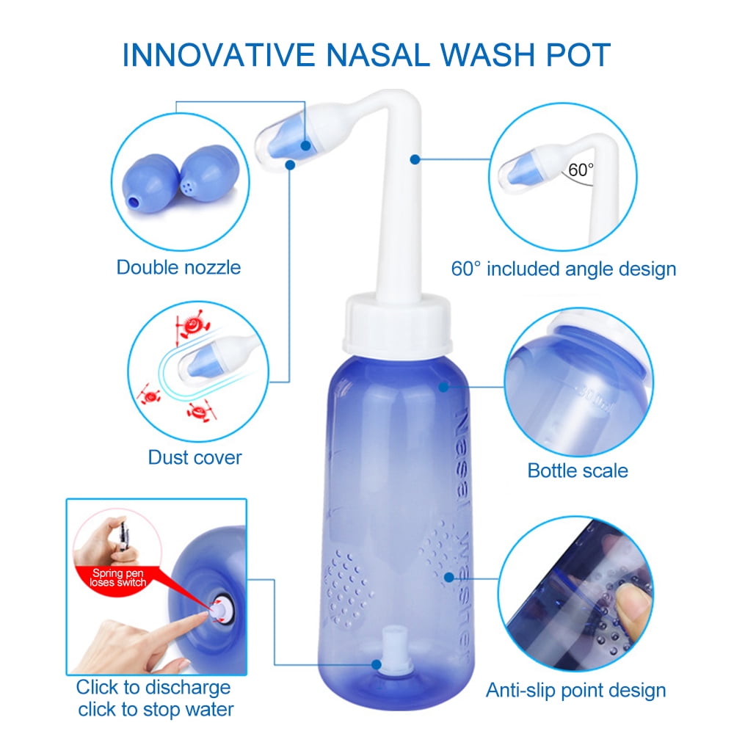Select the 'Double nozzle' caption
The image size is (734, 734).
tap(178, 268)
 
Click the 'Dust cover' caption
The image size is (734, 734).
tap(195, 457)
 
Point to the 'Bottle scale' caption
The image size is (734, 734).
tap(578, 470)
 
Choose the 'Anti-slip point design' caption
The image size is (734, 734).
tap(575, 691)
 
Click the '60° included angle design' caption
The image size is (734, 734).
tap(564, 269)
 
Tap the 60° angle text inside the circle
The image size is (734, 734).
tap(581, 170)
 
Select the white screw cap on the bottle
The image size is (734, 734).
tap(397, 324)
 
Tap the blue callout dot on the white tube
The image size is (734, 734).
tap(415, 159)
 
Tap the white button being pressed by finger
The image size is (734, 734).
tap(219, 609)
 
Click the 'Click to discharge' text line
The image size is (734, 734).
tap(153, 688)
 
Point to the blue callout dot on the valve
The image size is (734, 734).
tap(377, 664)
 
